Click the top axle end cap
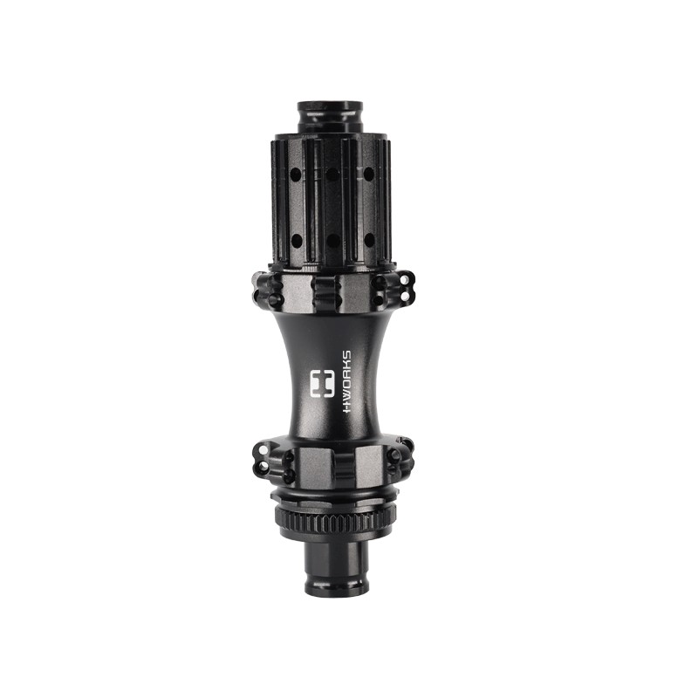pos(329,115)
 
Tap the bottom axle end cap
pos(335,572)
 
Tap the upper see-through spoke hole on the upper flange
pos(405,278)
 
